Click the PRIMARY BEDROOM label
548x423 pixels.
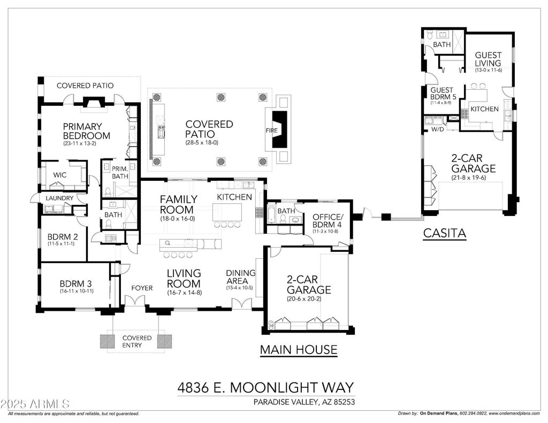pos(86,131)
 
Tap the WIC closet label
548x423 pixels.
pos(60,175)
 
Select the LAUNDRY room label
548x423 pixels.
pos(59,198)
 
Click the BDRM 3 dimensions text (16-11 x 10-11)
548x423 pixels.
pos(77,291)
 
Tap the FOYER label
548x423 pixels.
pos(142,288)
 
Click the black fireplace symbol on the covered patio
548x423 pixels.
pos(280,129)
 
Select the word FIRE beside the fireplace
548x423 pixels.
pos(271,130)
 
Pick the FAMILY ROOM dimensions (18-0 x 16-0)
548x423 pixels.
pos(177,219)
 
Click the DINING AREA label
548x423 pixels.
pos(240,276)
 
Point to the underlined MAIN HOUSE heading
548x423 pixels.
pos(299,350)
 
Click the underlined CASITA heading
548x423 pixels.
pos(445,233)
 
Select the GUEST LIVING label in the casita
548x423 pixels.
pos(488,59)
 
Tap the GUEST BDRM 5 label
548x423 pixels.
pos(443,93)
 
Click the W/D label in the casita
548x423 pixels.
pos(438,129)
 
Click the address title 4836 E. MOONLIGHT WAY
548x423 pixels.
pos(265,387)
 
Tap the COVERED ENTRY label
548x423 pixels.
pos(136,342)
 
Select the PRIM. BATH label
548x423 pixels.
pos(120,173)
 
